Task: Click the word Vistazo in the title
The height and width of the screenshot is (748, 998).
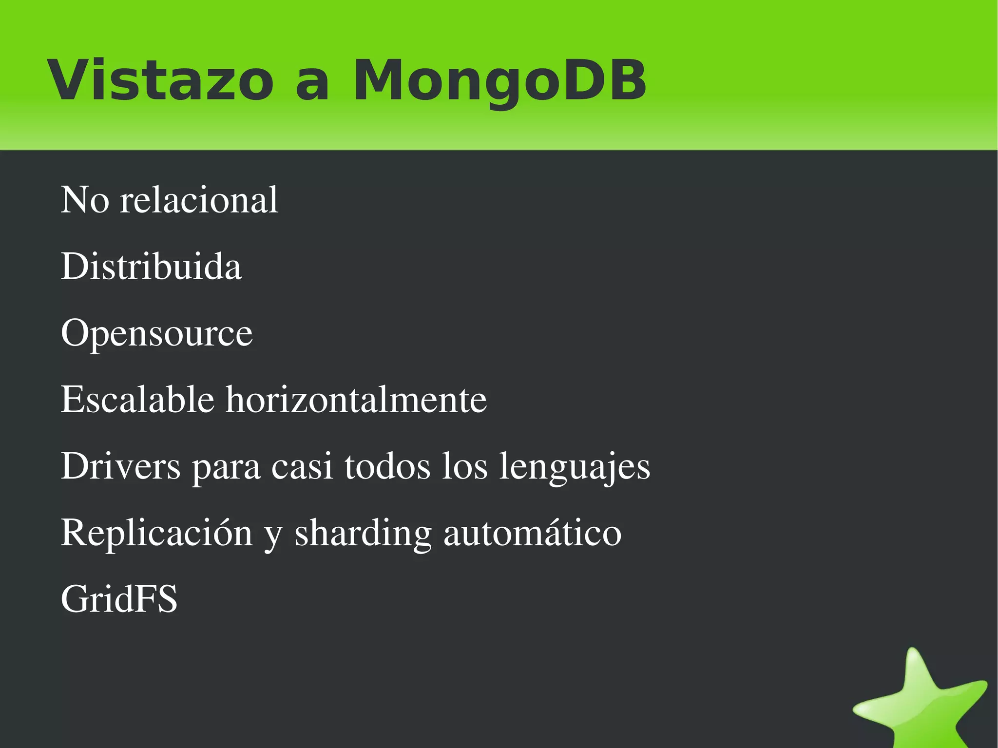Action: [x=160, y=80]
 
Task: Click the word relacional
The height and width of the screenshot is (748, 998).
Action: [x=199, y=200]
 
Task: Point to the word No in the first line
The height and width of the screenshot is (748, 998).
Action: [x=85, y=200]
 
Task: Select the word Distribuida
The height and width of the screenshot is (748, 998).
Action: [x=151, y=267]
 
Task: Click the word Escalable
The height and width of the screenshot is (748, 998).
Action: [x=137, y=400]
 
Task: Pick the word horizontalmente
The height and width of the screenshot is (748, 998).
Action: [x=356, y=400]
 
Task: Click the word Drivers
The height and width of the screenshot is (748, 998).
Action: [x=120, y=466]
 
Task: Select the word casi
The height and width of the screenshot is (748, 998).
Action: [x=302, y=466]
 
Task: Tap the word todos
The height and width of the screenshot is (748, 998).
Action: [x=387, y=466]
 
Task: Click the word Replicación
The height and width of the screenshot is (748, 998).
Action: [x=156, y=533]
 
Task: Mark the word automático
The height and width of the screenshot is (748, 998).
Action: [x=532, y=533]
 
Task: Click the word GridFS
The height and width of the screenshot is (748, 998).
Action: [x=119, y=599]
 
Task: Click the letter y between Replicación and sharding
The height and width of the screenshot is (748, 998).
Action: [x=273, y=536]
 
